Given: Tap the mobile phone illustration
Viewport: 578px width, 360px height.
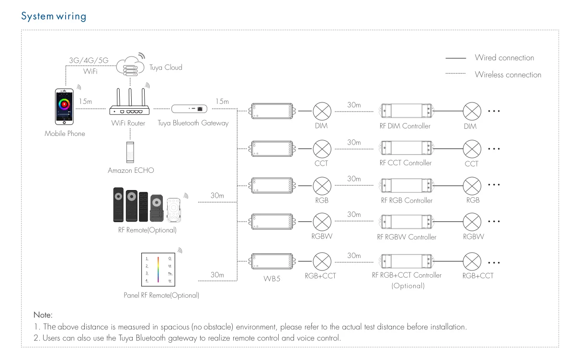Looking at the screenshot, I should click(x=65, y=108).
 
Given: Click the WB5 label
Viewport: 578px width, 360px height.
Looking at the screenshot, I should click(x=272, y=278).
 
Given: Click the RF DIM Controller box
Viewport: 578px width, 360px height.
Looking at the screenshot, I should click(x=406, y=111).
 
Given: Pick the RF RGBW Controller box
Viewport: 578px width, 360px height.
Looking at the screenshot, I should click(x=406, y=222).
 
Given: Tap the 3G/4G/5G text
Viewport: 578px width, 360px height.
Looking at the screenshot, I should click(x=89, y=61).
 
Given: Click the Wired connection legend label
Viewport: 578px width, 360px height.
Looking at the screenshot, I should click(x=504, y=58).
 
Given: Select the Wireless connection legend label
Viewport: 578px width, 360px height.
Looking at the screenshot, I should click(x=508, y=75).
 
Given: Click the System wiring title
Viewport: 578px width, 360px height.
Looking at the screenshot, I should click(x=54, y=16).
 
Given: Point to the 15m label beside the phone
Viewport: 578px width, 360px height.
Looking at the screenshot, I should click(x=85, y=101).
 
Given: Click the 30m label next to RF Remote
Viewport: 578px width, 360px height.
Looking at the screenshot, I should click(x=217, y=195).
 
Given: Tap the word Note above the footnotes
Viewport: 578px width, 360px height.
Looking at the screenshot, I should click(x=43, y=315).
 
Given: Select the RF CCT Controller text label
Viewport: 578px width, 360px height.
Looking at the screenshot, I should click(x=405, y=163).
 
